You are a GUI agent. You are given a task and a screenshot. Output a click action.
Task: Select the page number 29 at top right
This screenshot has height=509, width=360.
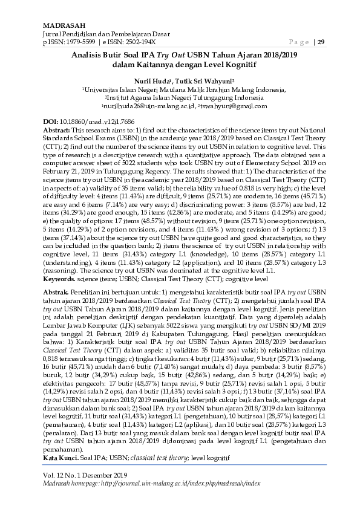[x=321, y=42]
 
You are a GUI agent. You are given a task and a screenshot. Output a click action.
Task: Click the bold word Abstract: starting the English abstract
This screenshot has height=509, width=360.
[x=57, y=130]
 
